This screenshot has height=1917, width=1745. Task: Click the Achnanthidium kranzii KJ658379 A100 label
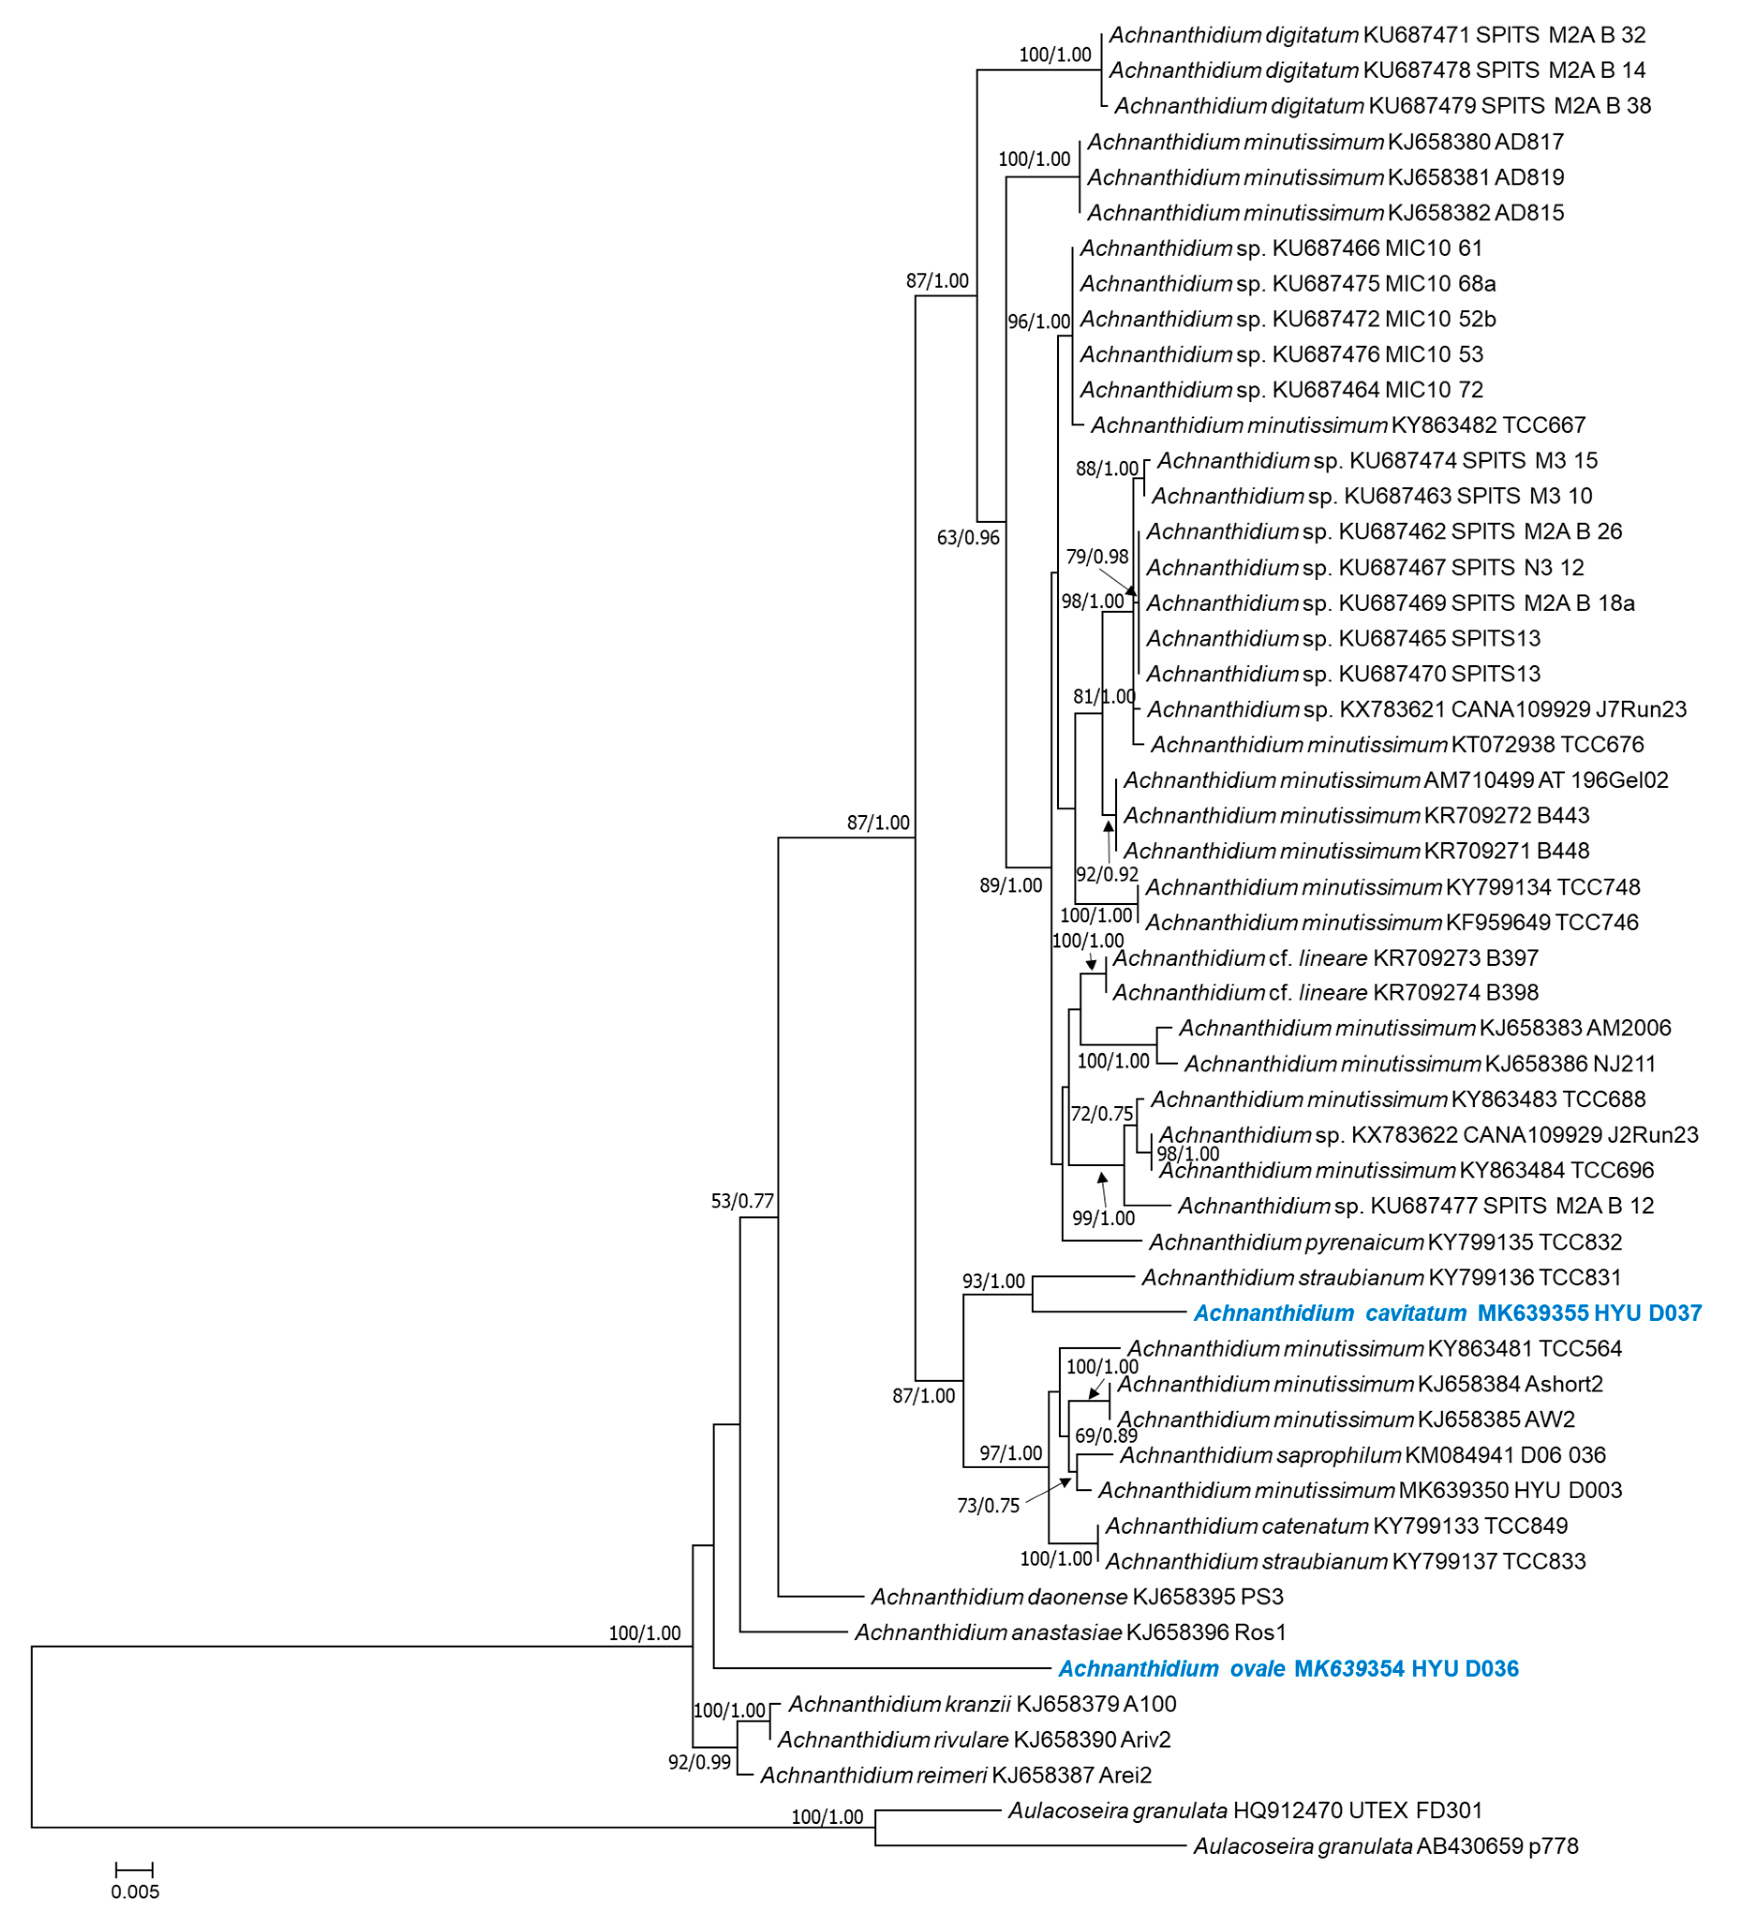point(981,1704)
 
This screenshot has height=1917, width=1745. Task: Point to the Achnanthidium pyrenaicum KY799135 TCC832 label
point(1385,1242)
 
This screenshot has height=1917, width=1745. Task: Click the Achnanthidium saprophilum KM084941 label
point(1362,1455)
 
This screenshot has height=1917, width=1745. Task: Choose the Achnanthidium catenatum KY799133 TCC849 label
point(1336,1526)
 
